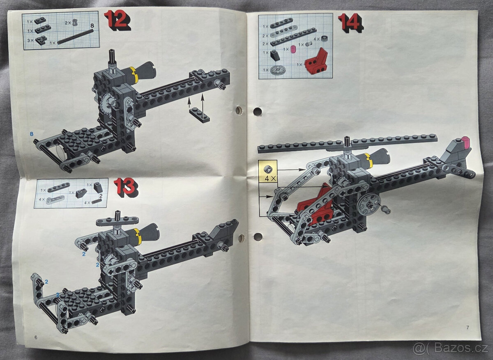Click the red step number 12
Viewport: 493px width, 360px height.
117,20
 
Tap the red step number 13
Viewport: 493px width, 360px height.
125,187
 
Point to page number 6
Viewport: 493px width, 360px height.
36,337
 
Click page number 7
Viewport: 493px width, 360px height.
468,327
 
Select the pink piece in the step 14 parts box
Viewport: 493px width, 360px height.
293,50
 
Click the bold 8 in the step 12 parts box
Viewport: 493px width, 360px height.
92,26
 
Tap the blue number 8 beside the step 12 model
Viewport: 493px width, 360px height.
31,134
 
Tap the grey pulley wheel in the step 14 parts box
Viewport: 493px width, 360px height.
279,70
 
